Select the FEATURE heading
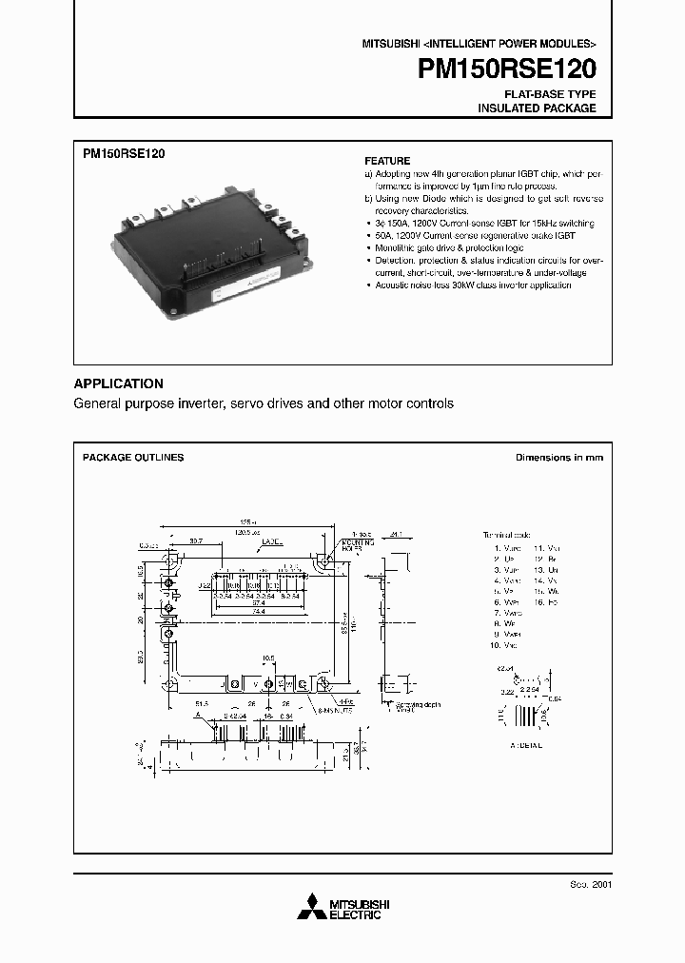tap(388, 161)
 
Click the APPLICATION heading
tap(119, 383)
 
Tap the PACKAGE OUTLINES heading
tap(133, 458)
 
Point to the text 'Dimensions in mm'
tap(559, 458)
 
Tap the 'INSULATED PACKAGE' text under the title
tap(537, 108)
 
